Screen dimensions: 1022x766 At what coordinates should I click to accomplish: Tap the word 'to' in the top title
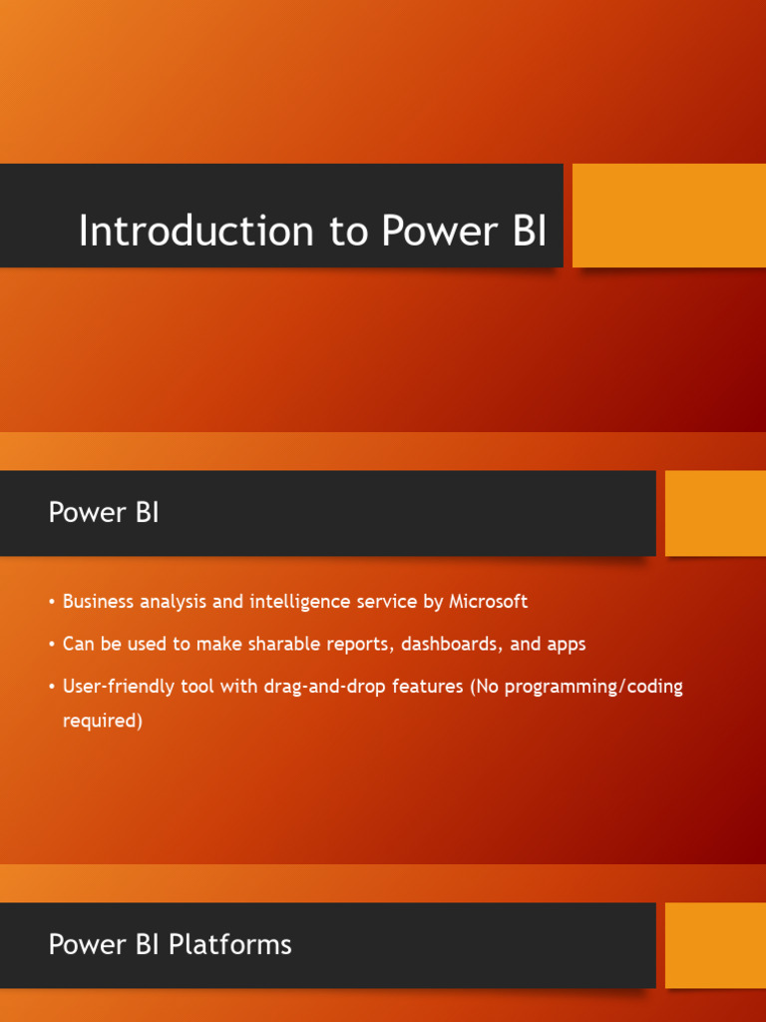[x=349, y=231]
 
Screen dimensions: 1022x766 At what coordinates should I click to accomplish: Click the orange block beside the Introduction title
[x=668, y=216]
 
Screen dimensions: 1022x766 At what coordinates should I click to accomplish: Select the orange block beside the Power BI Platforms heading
[x=715, y=945]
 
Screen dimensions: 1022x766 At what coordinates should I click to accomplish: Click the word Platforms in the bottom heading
[x=230, y=944]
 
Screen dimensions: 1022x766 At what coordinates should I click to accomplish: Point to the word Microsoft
[x=488, y=602]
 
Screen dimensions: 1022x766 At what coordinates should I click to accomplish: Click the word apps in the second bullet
[x=566, y=645]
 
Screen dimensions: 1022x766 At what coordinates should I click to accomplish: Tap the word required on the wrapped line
[x=103, y=721]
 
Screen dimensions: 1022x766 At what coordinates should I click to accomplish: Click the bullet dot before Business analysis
[x=51, y=603]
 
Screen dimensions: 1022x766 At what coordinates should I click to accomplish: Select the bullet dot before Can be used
[x=51, y=645]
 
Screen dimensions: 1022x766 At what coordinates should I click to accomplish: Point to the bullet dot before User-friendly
[x=51, y=688]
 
